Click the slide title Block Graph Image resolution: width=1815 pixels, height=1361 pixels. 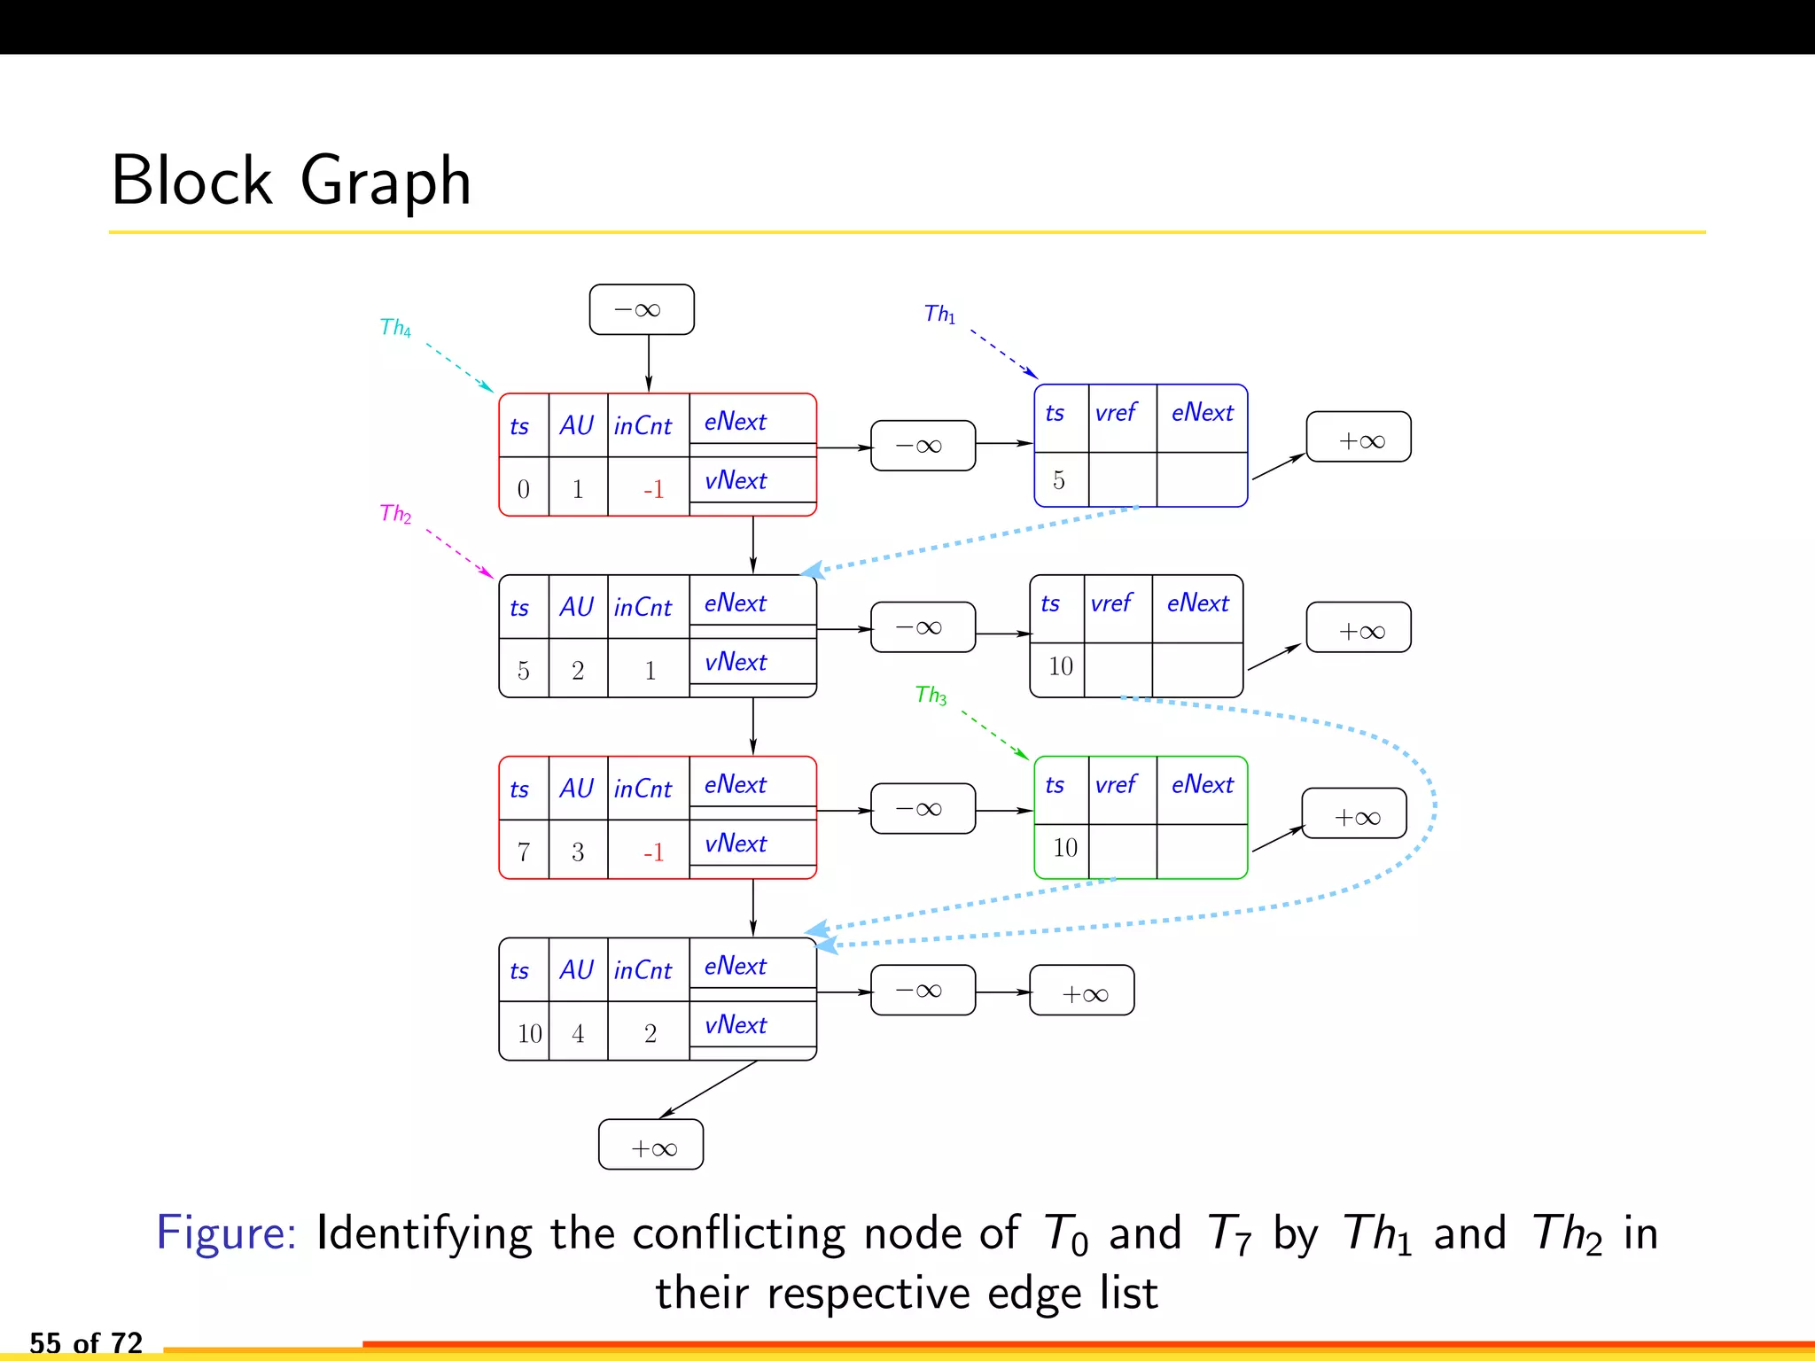click(291, 181)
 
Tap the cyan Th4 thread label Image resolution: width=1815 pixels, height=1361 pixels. click(394, 328)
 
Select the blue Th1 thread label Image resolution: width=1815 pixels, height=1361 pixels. click(939, 314)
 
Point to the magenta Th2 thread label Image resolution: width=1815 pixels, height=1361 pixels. click(394, 514)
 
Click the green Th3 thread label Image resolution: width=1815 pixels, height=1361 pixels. click(931, 695)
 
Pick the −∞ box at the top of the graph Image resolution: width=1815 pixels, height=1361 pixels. click(642, 310)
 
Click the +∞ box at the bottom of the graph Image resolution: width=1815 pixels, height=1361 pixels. click(651, 1146)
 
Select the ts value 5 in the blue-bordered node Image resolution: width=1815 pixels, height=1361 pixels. click(1059, 481)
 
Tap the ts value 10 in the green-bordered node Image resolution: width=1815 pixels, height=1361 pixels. click(1064, 849)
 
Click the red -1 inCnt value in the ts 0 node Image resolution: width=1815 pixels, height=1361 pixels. click(653, 490)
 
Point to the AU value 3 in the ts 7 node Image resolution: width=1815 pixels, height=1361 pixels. click(578, 852)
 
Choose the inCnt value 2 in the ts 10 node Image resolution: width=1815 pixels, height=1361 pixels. click(650, 1034)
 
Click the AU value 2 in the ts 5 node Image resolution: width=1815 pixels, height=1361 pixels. click(578, 672)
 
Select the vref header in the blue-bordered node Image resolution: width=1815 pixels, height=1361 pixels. click(1116, 413)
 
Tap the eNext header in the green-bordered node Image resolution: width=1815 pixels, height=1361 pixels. click(1202, 785)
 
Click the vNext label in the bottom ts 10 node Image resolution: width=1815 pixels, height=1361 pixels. click(736, 1025)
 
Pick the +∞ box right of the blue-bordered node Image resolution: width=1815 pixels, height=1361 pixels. click(1359, 438)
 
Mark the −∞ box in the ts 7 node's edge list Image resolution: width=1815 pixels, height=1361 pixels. click(923, 809)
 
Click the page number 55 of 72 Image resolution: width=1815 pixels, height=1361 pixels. click(86, 1343)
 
